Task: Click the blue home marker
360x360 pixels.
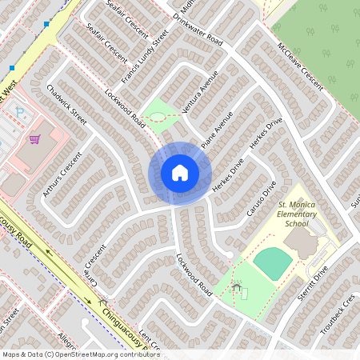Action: pos(180,173)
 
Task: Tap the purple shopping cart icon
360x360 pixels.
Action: pos(34,139)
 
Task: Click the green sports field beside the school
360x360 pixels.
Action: pos(272,261)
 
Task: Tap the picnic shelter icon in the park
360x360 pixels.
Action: pos(237,286)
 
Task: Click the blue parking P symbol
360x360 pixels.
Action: pos(20,114)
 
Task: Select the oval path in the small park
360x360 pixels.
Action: pos(158,118)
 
